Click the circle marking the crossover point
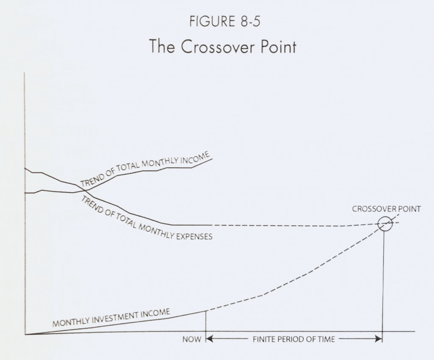tap(385, 223)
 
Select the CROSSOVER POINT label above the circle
tap(386, 209)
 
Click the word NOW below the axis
tap(192, 339)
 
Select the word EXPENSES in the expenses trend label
tap(195, 236)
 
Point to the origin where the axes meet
tap(25, 334)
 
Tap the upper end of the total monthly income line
tap(212, 158)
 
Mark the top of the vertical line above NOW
tap(206, 311)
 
